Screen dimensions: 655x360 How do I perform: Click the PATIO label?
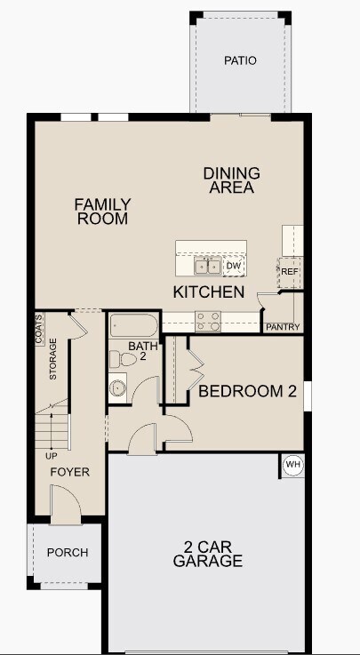pos(240,61)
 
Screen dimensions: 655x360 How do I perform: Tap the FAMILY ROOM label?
pos(102,212)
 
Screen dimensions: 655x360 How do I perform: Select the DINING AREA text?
pos(232,180)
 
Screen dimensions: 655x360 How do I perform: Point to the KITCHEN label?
pos(209,292)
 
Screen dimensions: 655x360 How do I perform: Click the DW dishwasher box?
pos(234,266)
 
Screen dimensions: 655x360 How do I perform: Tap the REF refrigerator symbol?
pos(291,271)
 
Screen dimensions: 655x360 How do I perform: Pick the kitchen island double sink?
pos(209,266)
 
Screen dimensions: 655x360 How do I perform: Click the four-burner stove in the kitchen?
pos(208,319)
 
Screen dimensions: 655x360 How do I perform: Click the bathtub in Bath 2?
pos(133,325)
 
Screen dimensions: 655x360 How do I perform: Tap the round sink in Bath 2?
pos(117,387)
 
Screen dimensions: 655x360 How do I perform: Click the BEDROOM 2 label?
pos(246,391)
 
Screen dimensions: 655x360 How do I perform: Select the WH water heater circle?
pos(292,465)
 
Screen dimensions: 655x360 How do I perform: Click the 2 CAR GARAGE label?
pos(207,555)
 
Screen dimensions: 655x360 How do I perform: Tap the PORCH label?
pos(68,553)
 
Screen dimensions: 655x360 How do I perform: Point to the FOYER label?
pos(69,472)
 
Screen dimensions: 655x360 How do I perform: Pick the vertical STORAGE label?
pos(53,359)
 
